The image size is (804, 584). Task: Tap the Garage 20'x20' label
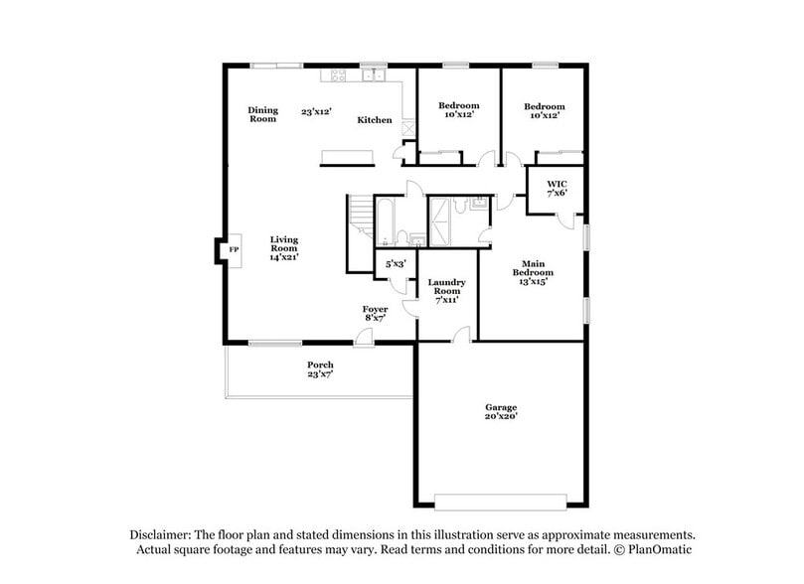[501, 413]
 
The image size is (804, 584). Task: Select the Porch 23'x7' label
[320, 370]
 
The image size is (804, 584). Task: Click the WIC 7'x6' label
[556, 187]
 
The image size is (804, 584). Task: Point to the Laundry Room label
[446, 291]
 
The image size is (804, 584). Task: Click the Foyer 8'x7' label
[375, 314]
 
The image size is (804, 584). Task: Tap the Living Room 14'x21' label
[284, 248]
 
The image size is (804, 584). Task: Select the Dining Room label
[262, 114]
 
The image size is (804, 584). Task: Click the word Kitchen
[375, 120]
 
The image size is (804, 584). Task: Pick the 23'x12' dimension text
[316, 112]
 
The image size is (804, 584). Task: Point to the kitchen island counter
[347, 155]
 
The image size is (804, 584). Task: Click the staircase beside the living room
[359, 219]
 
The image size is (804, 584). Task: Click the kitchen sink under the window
[374, 76]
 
